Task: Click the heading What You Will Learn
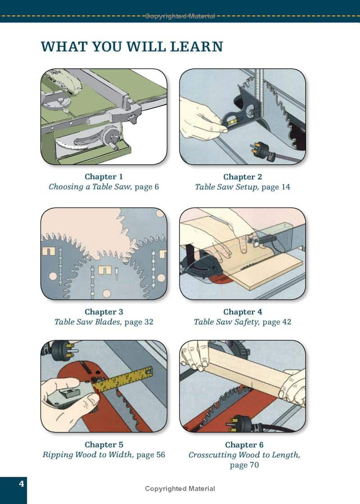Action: [x=132, y=47]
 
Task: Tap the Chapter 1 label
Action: [x=104, y=176]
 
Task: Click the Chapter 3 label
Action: [x=104, y=312]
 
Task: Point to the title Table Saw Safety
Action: [x=226, y=322]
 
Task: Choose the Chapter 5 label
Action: [x=104, y=445]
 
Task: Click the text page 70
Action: [x=244, y=465]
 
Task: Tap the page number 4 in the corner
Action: [x=22, y=484]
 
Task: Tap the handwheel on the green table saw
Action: [x=111, y=137]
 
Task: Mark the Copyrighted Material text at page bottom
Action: [x=180, y=489]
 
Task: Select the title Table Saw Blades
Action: [x=88, y=322]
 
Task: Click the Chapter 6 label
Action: [x=244, y=445]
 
